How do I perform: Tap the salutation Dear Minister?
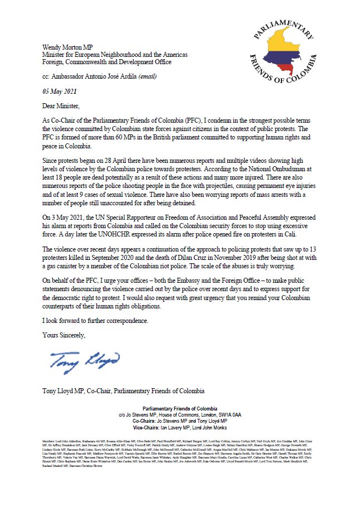tap(63, 104)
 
